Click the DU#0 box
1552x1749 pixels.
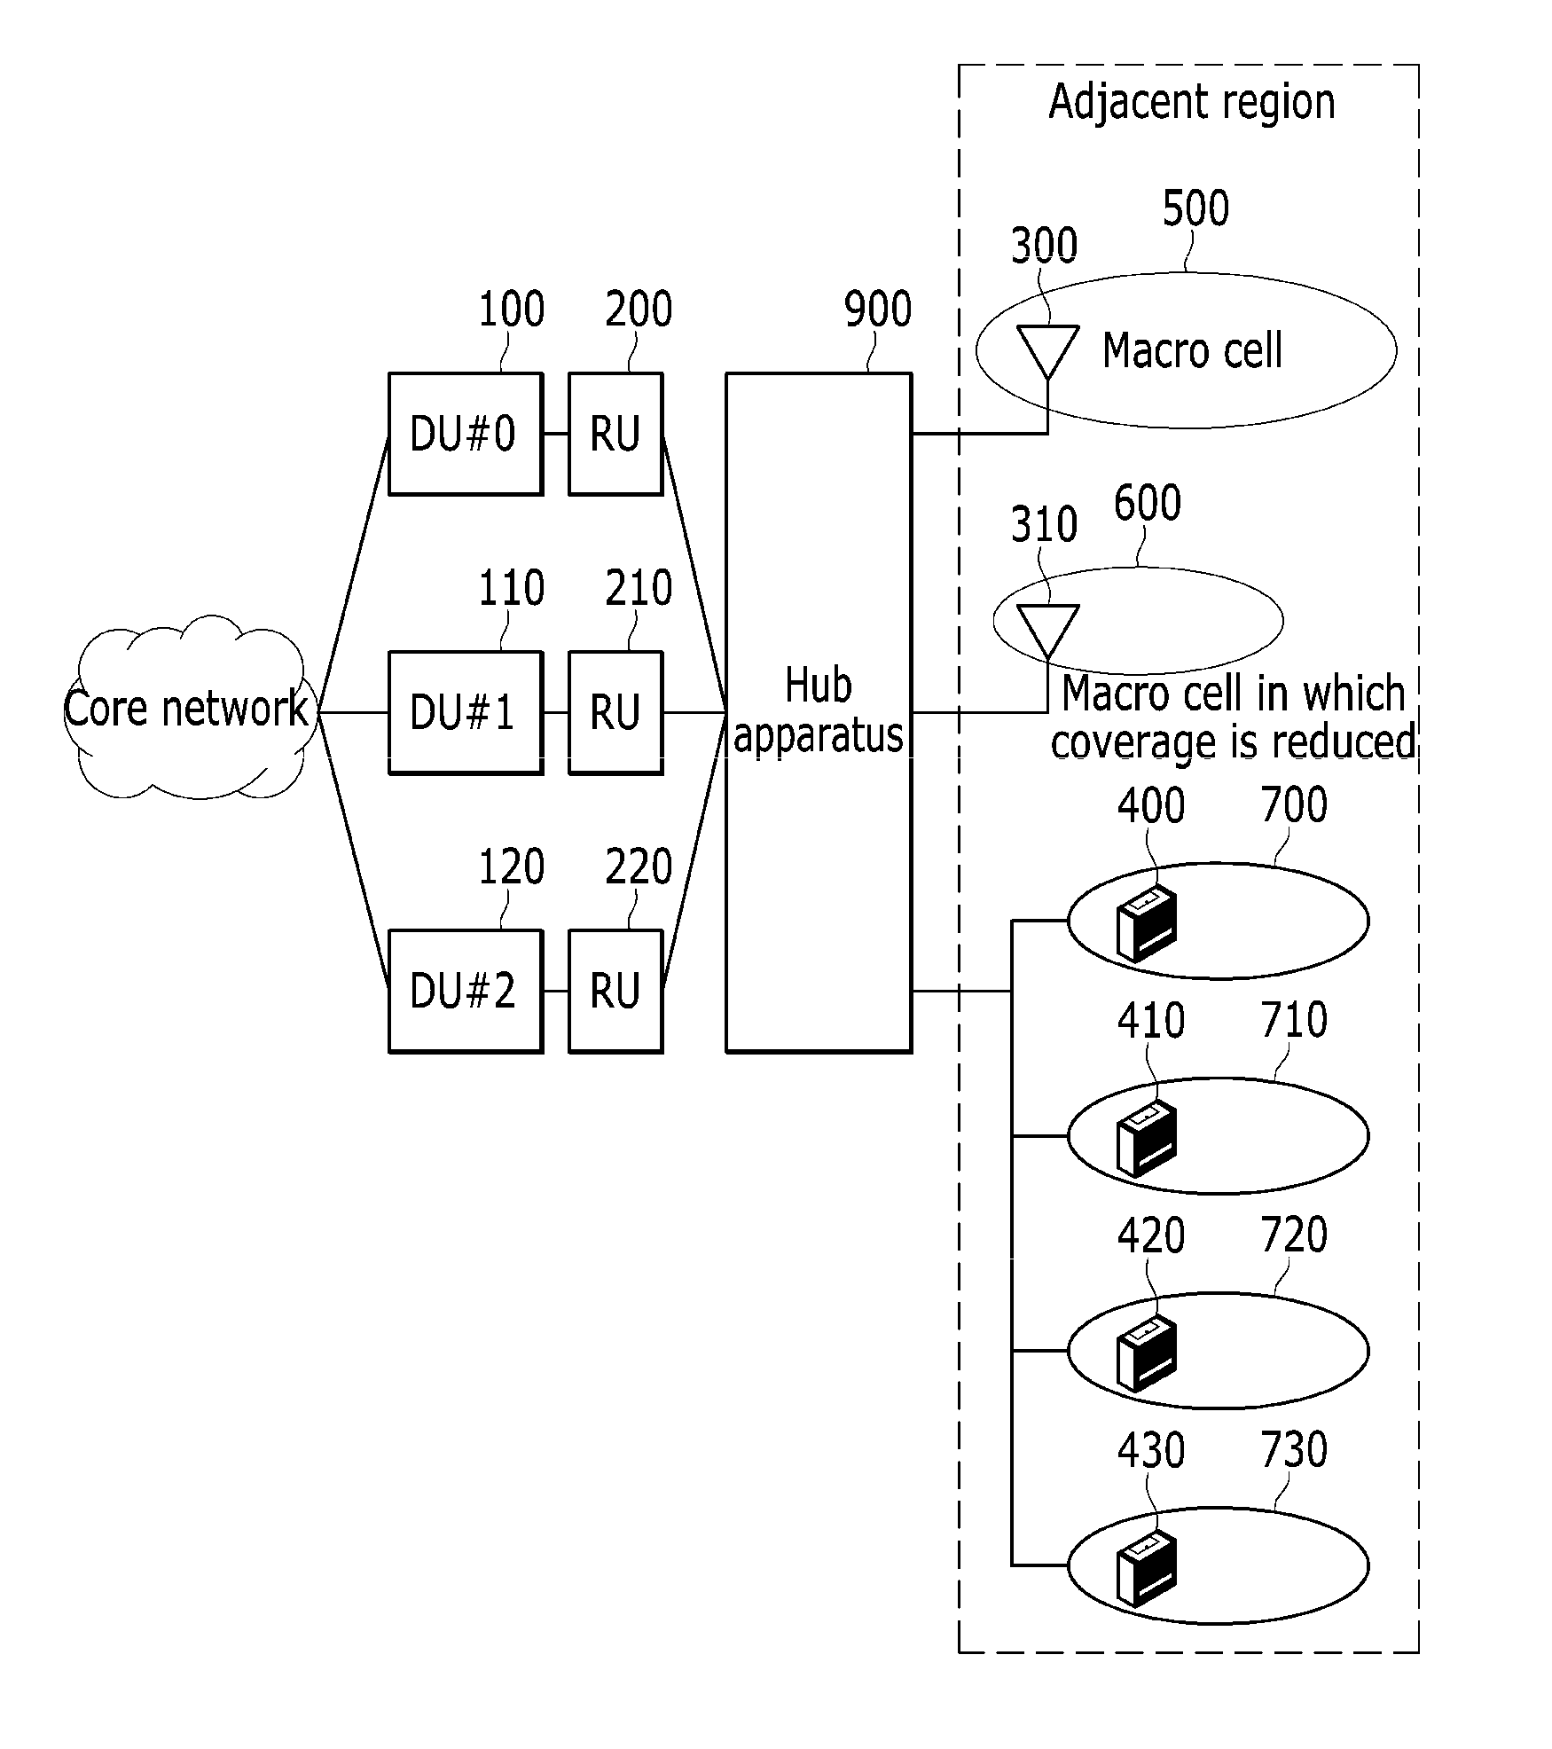pyautogui.click(x=465, y=434)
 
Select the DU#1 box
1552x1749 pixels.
pyautogui.click(x=465, y=712)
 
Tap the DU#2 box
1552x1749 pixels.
pyautogui.click(x=465, y=991)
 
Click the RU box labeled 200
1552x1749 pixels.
pyautogui.click(x=615, y=434)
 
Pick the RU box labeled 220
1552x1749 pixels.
pyautogui.click(x=615, y=991)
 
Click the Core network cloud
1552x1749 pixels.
pyautogui.click(x=186, y=708)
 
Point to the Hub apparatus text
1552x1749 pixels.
pyautogui.click(x=818, y=710)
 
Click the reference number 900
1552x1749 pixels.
pyautogui.click(x=877, y=310)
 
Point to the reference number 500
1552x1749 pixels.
pyautogui.click(x=1195, y=208)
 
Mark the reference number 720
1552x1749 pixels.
pyautogui.click(x=1294, y=1235)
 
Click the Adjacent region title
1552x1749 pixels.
pyautogui.click(x=1191, y=102)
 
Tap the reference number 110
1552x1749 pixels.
pyautogui.click(x=511, y=588)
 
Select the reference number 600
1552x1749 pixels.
pyautogui.click(x=1147, y=503)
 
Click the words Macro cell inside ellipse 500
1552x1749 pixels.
pyautogui.click(x=1192, y=350)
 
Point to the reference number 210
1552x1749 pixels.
pyautogui.click(x=639, y=588)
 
